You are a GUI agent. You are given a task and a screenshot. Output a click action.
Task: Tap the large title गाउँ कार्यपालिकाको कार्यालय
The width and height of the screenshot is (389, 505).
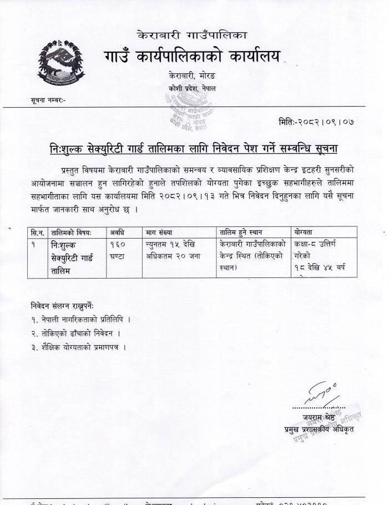click(x=192, y=56)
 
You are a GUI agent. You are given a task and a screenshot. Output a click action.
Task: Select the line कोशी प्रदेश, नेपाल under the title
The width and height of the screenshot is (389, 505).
click(x=191, y=89)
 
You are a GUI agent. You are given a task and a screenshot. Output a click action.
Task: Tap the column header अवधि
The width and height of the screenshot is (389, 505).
click(x=117, y=232)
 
